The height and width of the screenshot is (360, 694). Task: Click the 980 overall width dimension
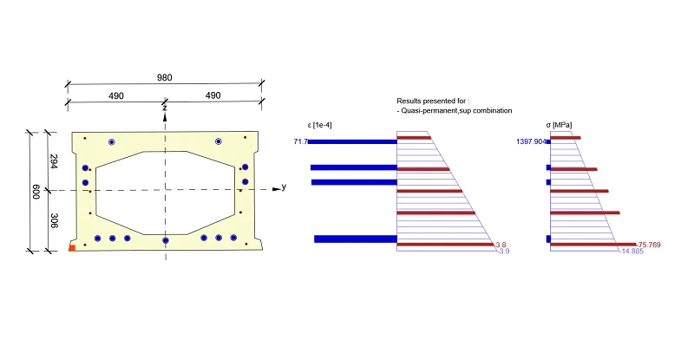164,77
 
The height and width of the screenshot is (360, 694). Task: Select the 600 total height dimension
36,192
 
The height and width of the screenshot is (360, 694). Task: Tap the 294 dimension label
54,161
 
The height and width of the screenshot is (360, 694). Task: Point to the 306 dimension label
54,220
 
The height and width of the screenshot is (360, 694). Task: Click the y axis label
284,187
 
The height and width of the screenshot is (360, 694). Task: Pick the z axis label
165,108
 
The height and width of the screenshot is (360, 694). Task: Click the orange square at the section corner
72,248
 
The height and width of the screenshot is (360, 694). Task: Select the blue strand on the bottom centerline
166,240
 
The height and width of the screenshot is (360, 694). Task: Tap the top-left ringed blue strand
112,142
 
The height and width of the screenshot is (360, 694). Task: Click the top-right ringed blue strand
219,141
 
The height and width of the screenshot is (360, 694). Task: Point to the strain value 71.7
300,141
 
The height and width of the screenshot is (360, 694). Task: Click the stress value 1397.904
531,141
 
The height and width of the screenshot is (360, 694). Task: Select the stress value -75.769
648,245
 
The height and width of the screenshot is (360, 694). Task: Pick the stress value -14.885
632,251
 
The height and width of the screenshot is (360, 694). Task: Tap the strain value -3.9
503,251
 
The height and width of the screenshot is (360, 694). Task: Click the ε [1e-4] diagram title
319,125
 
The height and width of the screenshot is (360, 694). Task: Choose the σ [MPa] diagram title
559,125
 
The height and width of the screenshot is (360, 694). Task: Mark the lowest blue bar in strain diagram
356,239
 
